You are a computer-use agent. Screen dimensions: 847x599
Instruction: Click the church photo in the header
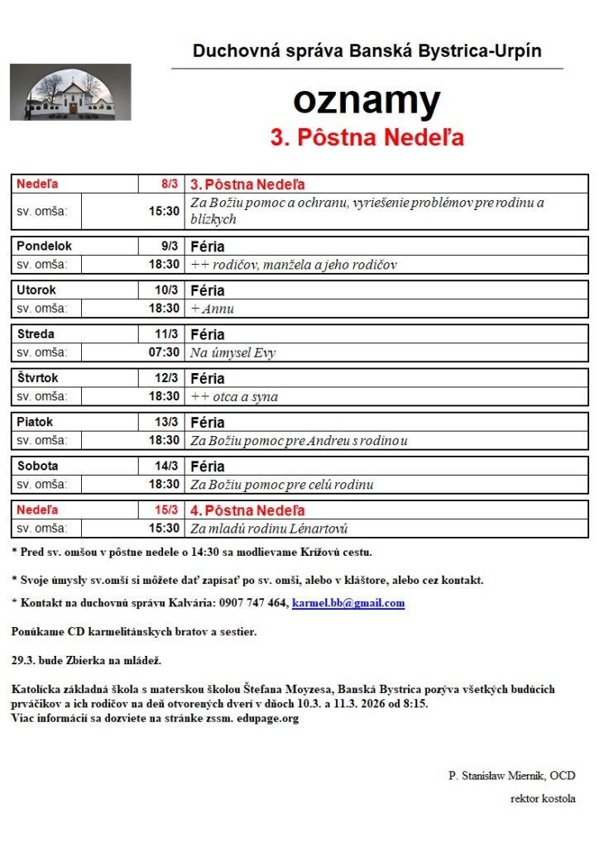click(x=70, y=92)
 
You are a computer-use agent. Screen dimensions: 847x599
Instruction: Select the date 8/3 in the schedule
click(x=170, y=184)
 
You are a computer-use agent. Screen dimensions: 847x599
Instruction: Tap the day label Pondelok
click(x=45, y=246)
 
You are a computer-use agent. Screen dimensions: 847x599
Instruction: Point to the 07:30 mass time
click(x=164, y=352)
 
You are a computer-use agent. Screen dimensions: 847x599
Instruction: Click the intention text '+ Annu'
click(x=213, y=309)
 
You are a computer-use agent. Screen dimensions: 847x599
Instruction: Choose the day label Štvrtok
click(x=39, y=378)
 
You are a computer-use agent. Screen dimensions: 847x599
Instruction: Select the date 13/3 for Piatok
click(x=166, y=422)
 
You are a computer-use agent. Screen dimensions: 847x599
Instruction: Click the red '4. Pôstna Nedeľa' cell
click(x=248, y=510)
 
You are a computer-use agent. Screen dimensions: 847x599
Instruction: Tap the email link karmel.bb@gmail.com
click(x=348, y=603)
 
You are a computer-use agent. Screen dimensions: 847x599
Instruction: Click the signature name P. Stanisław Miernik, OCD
click(x=512, y=776)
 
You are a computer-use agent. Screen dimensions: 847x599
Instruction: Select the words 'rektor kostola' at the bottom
click(x=543, y=799)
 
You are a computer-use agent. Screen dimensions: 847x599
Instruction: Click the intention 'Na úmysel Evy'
click(x=233, y=352)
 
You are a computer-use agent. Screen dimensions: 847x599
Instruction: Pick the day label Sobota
click(x=38, y=466)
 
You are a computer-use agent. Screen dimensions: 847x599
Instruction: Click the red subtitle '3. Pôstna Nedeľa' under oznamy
click(x=367, y=137)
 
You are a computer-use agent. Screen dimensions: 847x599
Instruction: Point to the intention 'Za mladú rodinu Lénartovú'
click(x=269, y=529)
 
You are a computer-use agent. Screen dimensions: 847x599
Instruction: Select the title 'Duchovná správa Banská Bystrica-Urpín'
click(x=367, y=51)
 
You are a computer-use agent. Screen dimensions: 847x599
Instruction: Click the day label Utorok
click(x=36, y=290)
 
